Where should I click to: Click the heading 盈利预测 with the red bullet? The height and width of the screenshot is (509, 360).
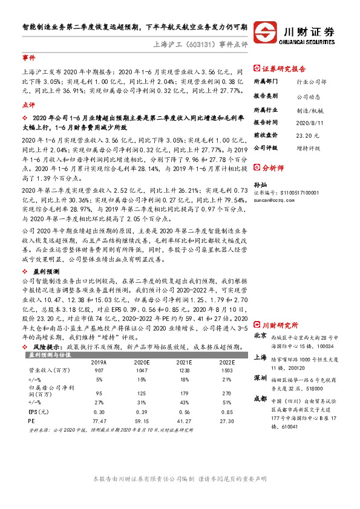tap(42, 254)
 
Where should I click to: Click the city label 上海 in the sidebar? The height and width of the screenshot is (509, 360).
tap(260, 357)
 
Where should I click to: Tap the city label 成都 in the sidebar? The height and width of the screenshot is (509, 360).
tap(260, 398)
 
